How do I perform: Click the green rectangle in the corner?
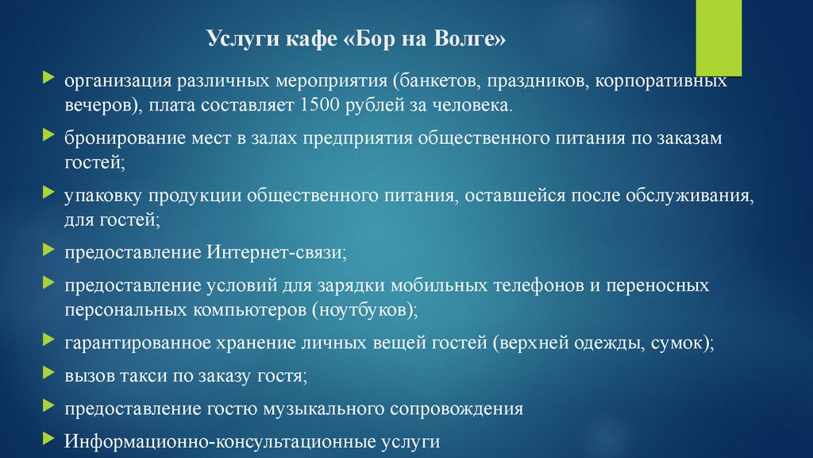[x=719, y=38]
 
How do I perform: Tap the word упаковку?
[x=102, y=196]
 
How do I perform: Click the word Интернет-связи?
[x=277, y=252]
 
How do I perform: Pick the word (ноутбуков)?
[x=364, y=310]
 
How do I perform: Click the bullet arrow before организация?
[x=48, y=78]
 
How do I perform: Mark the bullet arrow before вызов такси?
[x=48, y=372]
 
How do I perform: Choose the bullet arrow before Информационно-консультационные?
[x=48, y=439]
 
